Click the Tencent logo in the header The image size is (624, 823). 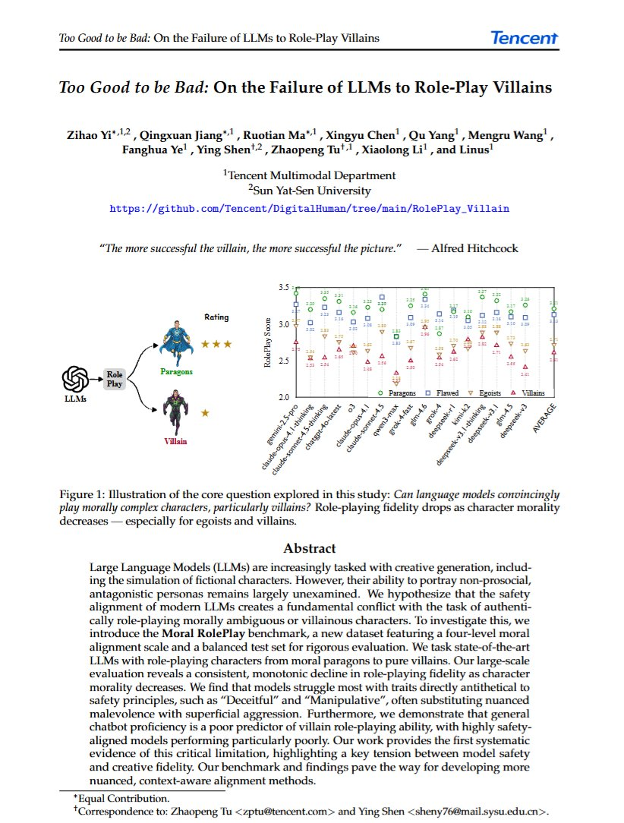(x=524, y=37)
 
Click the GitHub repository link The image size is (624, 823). (x=310, y=207)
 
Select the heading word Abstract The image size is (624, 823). (x=310, y=548)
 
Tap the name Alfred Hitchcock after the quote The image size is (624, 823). (x=475, y=248)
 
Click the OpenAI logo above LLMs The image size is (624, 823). (x=76, y=378)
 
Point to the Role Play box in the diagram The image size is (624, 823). (x=115, y=379)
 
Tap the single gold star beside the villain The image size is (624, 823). (x=205, y=413)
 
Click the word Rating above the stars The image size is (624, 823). (x=216, y=317)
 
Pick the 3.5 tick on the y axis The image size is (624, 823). (x=283, y=288)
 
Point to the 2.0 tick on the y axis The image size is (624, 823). (x=283, y=397)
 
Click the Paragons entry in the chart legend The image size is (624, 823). (x=402, y=393)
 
